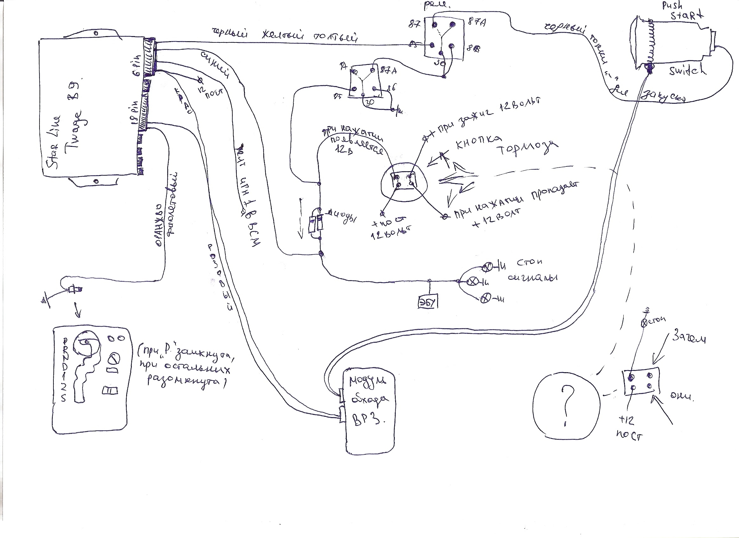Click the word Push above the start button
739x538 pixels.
point(672,6)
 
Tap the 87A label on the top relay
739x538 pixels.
point(476,22)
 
